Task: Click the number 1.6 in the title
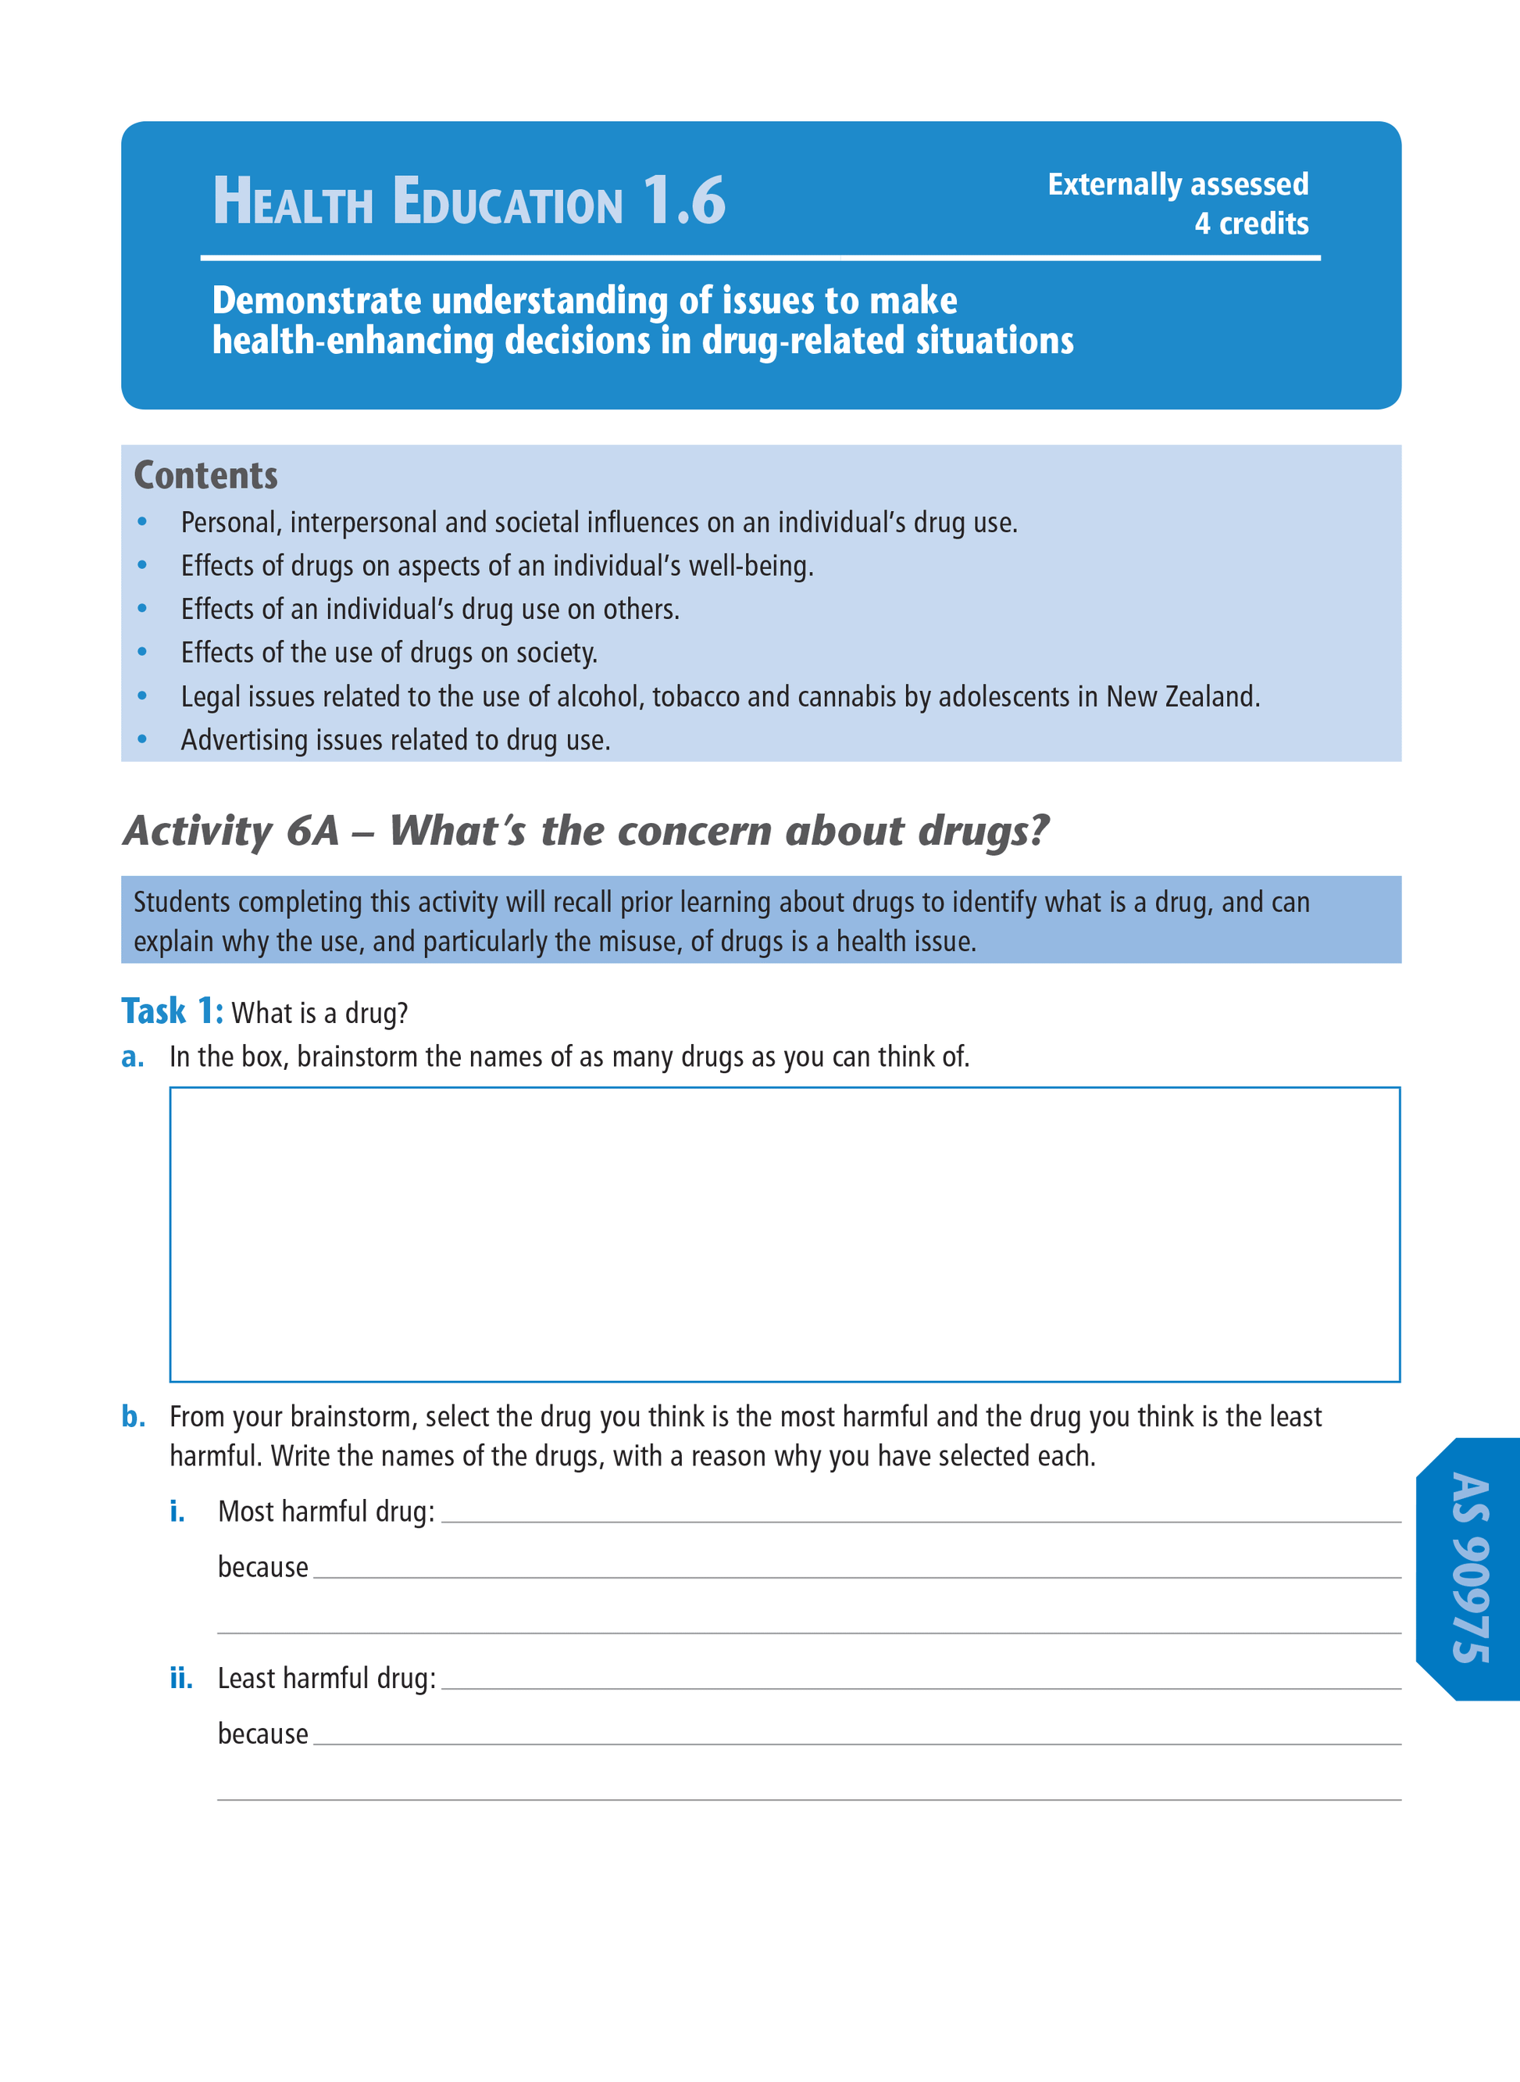(683, 201)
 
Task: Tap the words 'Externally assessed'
(1178, 184)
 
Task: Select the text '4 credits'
(1251, 224)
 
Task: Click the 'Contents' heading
(205, 476)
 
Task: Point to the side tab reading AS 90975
(1470, 1568)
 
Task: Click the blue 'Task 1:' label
(172, 1011)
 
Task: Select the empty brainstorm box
(784, 1233)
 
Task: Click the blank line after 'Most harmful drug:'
(920, 1514)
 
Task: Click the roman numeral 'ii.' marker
(181, 1679)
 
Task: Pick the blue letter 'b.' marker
(134, 1417)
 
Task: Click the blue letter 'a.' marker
(133, 1057)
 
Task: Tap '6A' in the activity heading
(313, 830)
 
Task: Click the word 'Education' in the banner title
(508, 202)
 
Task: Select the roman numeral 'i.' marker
(177, 1512)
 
